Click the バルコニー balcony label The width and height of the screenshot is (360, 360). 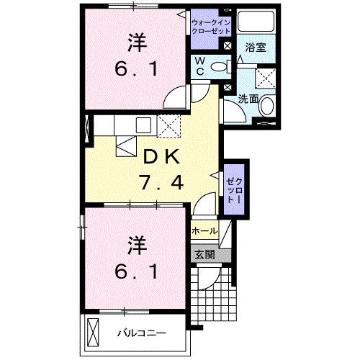(143, 333)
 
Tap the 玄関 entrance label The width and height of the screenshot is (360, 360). (204, 253)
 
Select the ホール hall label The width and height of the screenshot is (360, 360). (204, 231)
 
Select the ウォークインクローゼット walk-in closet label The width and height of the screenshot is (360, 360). (211, 27)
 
